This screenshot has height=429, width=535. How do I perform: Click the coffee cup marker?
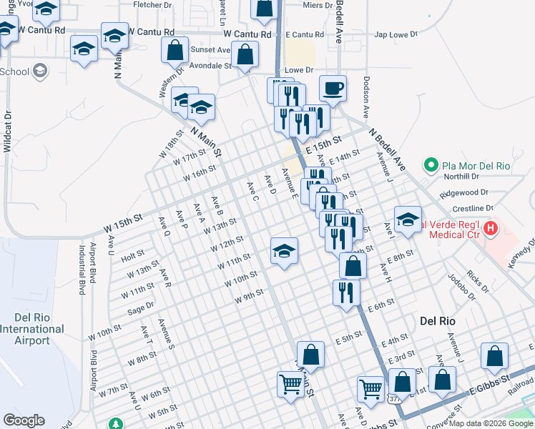[x=333, y=89]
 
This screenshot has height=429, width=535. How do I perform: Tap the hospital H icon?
[x=491, y=230]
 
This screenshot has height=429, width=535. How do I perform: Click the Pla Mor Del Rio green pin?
[x=431, y=166]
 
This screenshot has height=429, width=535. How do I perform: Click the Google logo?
[x=24, y=420]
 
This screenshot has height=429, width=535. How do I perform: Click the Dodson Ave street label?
[x=366, y=97]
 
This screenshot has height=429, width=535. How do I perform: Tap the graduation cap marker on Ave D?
[x=284, y=251]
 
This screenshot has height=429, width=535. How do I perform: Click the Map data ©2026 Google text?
[x=490, y=423]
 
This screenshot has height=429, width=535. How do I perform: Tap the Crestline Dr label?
[x=468, y=207]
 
